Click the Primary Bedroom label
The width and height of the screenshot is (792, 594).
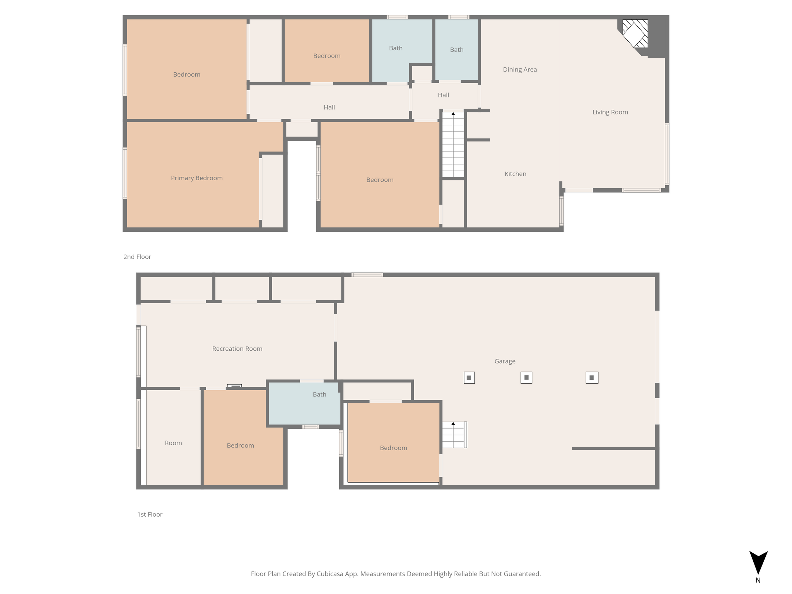pyautogui.click(x=197, y=178)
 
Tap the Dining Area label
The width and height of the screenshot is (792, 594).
pyautogui.click(x=520, y=70)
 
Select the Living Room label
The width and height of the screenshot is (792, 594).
pyautogui.click(x=610, y=112)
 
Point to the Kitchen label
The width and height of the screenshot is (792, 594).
pyautogui.click(x=515, y=174)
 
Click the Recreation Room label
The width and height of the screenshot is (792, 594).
pyautogui.click(x=237, y=349)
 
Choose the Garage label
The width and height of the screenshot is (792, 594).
pyautogui.click(x=505, y=361)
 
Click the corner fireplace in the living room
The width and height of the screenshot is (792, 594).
pyautogui.click(x=635, y=34)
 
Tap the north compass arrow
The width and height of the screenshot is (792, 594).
pyautogui.click(x=758, y=563)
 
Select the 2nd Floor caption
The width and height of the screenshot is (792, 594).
pyautogui.click(x=137, y=257)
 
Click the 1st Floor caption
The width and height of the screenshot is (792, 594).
pyautogui.click(x=150, y=514)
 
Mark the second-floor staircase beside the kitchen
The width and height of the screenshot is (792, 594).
pyautogui.click(x=453, y=145)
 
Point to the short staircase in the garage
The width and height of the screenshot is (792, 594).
pyautogui.click(x=454, y=435)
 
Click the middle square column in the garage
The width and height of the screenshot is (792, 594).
pyautogui.click(x=526, y=377)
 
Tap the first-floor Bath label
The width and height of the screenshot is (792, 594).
pyautogui.click(x=319, y=394)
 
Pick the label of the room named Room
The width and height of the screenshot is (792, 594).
pyautogui.click(x=173, y=443)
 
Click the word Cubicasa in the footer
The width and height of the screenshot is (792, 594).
pyautogui.click(x=331, y=574)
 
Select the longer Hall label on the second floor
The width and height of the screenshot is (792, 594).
pyautogui.click(x=329, y=108)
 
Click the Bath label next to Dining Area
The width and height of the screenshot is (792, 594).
pyautogui.click(x=457, y=49)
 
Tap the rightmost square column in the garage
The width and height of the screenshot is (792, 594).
pyautogui.click(x=592, y=377)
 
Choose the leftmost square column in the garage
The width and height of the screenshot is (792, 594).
pyautogui.click(x=469, y=377)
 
